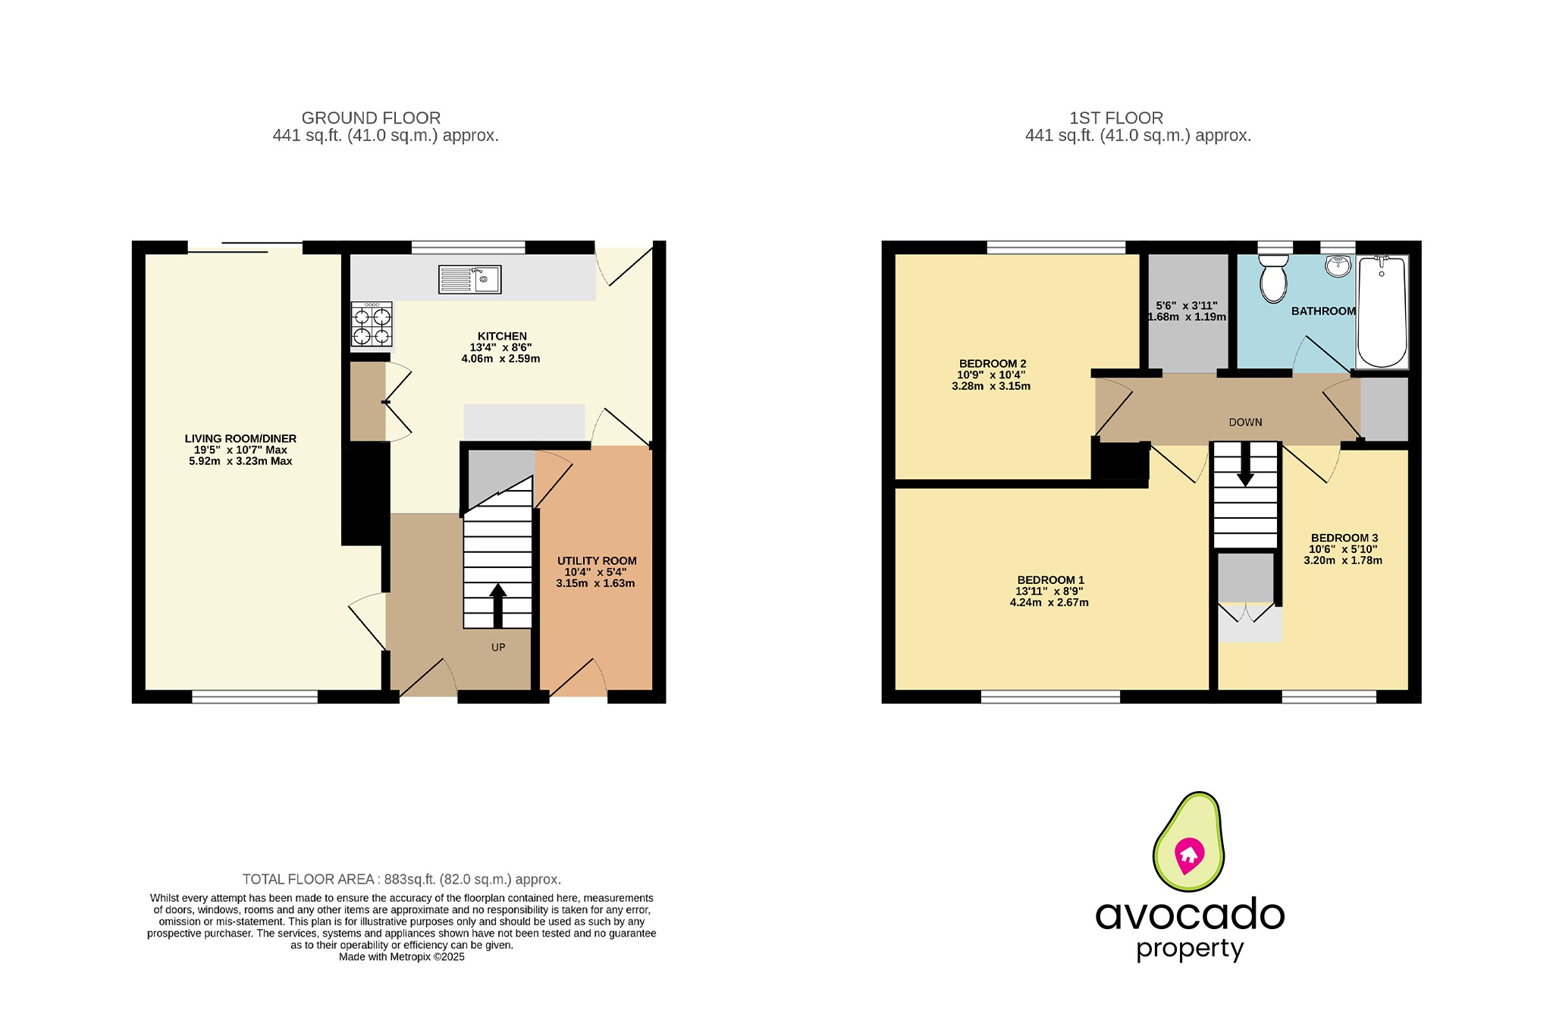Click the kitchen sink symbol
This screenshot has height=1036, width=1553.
[469, 279]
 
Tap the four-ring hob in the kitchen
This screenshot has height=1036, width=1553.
[372, 325]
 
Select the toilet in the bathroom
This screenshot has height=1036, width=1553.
[1273, 279]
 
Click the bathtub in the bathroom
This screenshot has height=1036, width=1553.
[1382, 312]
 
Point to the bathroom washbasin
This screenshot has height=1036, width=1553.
[1338, 266]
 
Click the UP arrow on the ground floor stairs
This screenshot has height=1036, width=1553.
[497, 604]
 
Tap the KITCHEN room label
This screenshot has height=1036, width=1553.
[501, 336]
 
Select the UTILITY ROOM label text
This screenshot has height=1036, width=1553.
[596, 560]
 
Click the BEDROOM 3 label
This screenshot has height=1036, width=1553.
[1344, 538]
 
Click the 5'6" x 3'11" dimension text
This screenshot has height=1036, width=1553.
[1186, 306]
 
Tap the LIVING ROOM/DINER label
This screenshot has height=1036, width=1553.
[240, 438]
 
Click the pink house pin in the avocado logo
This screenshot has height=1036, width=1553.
[1188, 855]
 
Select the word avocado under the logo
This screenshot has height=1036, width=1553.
[1189, 915]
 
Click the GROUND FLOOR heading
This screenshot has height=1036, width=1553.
[371, 118]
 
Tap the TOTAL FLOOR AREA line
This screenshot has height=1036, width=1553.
[401, 880]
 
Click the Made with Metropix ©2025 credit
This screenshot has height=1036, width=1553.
[401, 957]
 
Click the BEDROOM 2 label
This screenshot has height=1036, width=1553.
[992, 363]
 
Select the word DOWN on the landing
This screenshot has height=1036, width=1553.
[1245, 422]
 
